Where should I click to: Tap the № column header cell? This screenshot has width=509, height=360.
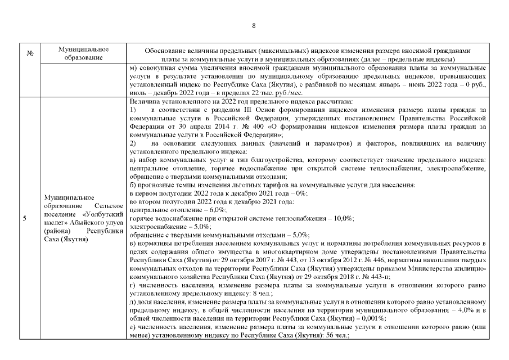click(29, 54)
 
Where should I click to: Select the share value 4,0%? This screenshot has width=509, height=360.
click(465, 310)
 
